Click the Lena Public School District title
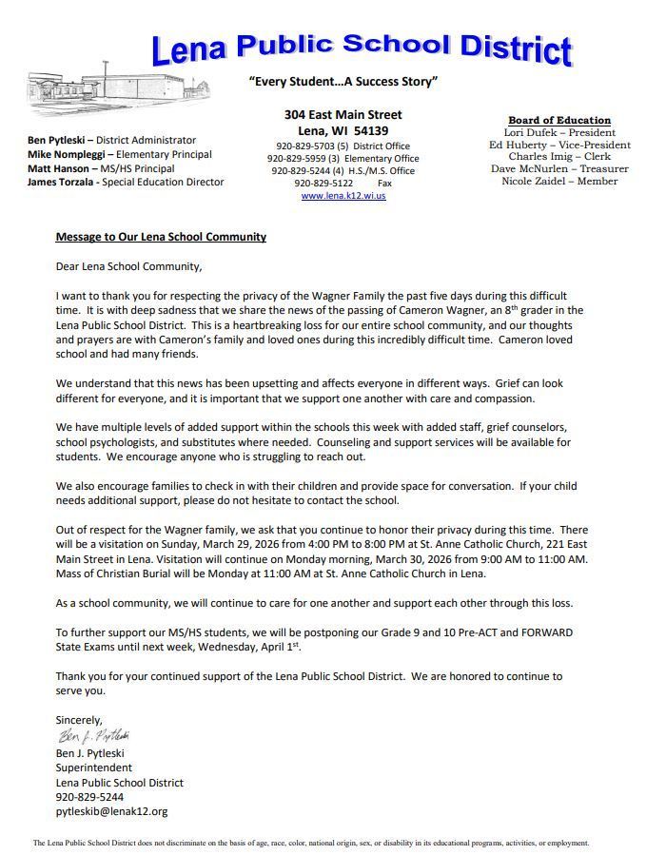click(362, 46)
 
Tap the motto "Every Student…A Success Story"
click(343, 82)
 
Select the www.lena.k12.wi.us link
click(343, 196)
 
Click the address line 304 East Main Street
click(343, 114)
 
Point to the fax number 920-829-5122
click(323, 183)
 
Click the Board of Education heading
click(559, 120)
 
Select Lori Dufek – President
click(559, 133)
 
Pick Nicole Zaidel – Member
click(559, 182)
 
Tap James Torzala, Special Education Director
click(126, 182)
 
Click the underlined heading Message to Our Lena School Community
click(161, 237)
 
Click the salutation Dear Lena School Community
click(128, 267)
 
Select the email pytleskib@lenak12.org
click(111, 811)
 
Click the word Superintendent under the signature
click(94, 768)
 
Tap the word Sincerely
click(79, 720)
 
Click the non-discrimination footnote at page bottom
click(311, 843)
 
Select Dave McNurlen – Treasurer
click(559, 169)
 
